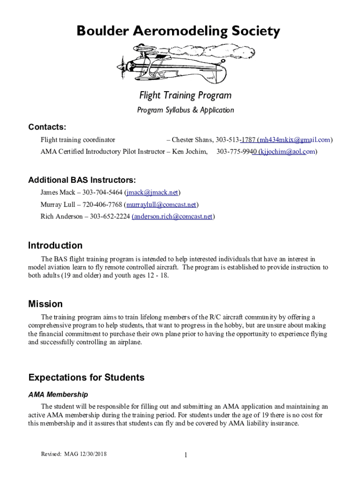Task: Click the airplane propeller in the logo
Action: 121,68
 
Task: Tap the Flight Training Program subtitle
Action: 185,95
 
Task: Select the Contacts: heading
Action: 47,127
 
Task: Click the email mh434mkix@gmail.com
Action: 295,139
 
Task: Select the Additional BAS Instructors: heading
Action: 82,180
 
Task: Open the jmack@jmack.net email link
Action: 152,192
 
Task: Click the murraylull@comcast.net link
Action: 161,204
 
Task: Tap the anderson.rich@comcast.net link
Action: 173,217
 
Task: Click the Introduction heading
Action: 55,246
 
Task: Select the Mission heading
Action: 45,304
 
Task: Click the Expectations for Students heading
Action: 86,377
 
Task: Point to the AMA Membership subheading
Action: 58,395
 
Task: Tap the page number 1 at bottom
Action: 185,456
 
